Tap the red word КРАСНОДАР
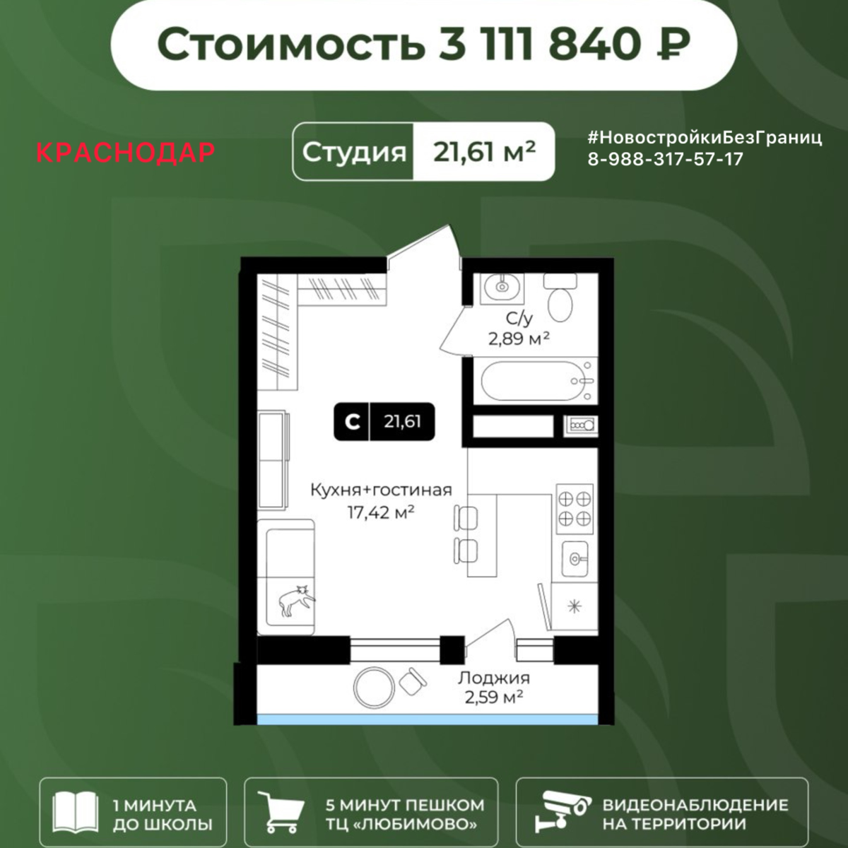point(125,153)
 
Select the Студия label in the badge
point(355,152)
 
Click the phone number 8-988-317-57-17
point(666,159)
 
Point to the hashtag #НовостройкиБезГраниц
point(705,138)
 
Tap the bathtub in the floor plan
point(534,382)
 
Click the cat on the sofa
point(296,599)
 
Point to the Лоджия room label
point(494,678)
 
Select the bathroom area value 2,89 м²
point(519,338)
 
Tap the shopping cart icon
point(281,813)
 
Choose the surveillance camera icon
point(562,814)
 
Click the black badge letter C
point(351,422)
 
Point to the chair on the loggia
point(411,682)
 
